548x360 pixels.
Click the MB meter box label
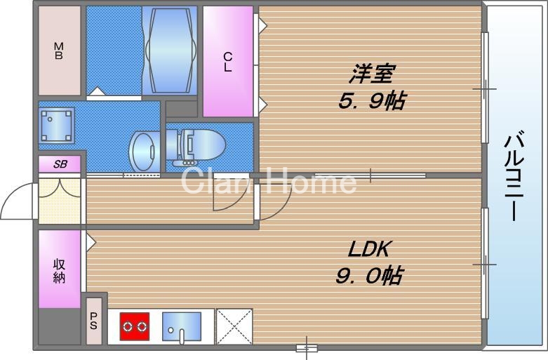click(x=59, y=51)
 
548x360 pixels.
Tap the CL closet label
click(x=228, y=62)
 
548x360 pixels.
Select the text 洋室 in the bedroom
click(x=371, y=74)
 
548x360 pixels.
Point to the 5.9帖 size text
click(x=371, y=101)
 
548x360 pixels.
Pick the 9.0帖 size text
click(x=368, y=276)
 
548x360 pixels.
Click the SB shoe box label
click(x=60, y=164)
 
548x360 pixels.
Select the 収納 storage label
click(x=60, y=270)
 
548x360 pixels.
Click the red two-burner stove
click(x=134, y=326)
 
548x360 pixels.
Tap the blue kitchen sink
click(x=181, y=326)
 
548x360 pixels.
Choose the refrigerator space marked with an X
click(x=234, y=326)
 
